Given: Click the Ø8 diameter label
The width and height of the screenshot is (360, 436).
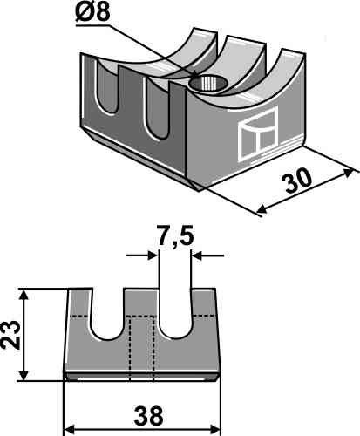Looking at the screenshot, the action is coord(92,12).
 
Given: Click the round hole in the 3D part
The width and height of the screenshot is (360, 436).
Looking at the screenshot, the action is coord(207,83).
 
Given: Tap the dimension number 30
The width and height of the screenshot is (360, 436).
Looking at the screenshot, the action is coord(298,181).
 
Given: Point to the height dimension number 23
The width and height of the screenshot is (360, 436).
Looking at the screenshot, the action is coord(10,335).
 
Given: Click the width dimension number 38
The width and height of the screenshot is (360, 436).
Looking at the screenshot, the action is coord(148,416).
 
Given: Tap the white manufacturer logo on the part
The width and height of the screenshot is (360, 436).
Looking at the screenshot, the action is coord(258,134).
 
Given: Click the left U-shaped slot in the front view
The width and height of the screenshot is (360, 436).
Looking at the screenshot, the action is coord(108,314).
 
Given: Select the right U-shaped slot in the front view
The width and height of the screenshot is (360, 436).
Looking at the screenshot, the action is coord(175,313).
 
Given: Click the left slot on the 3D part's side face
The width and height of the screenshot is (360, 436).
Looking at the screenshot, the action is coord(107,87).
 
